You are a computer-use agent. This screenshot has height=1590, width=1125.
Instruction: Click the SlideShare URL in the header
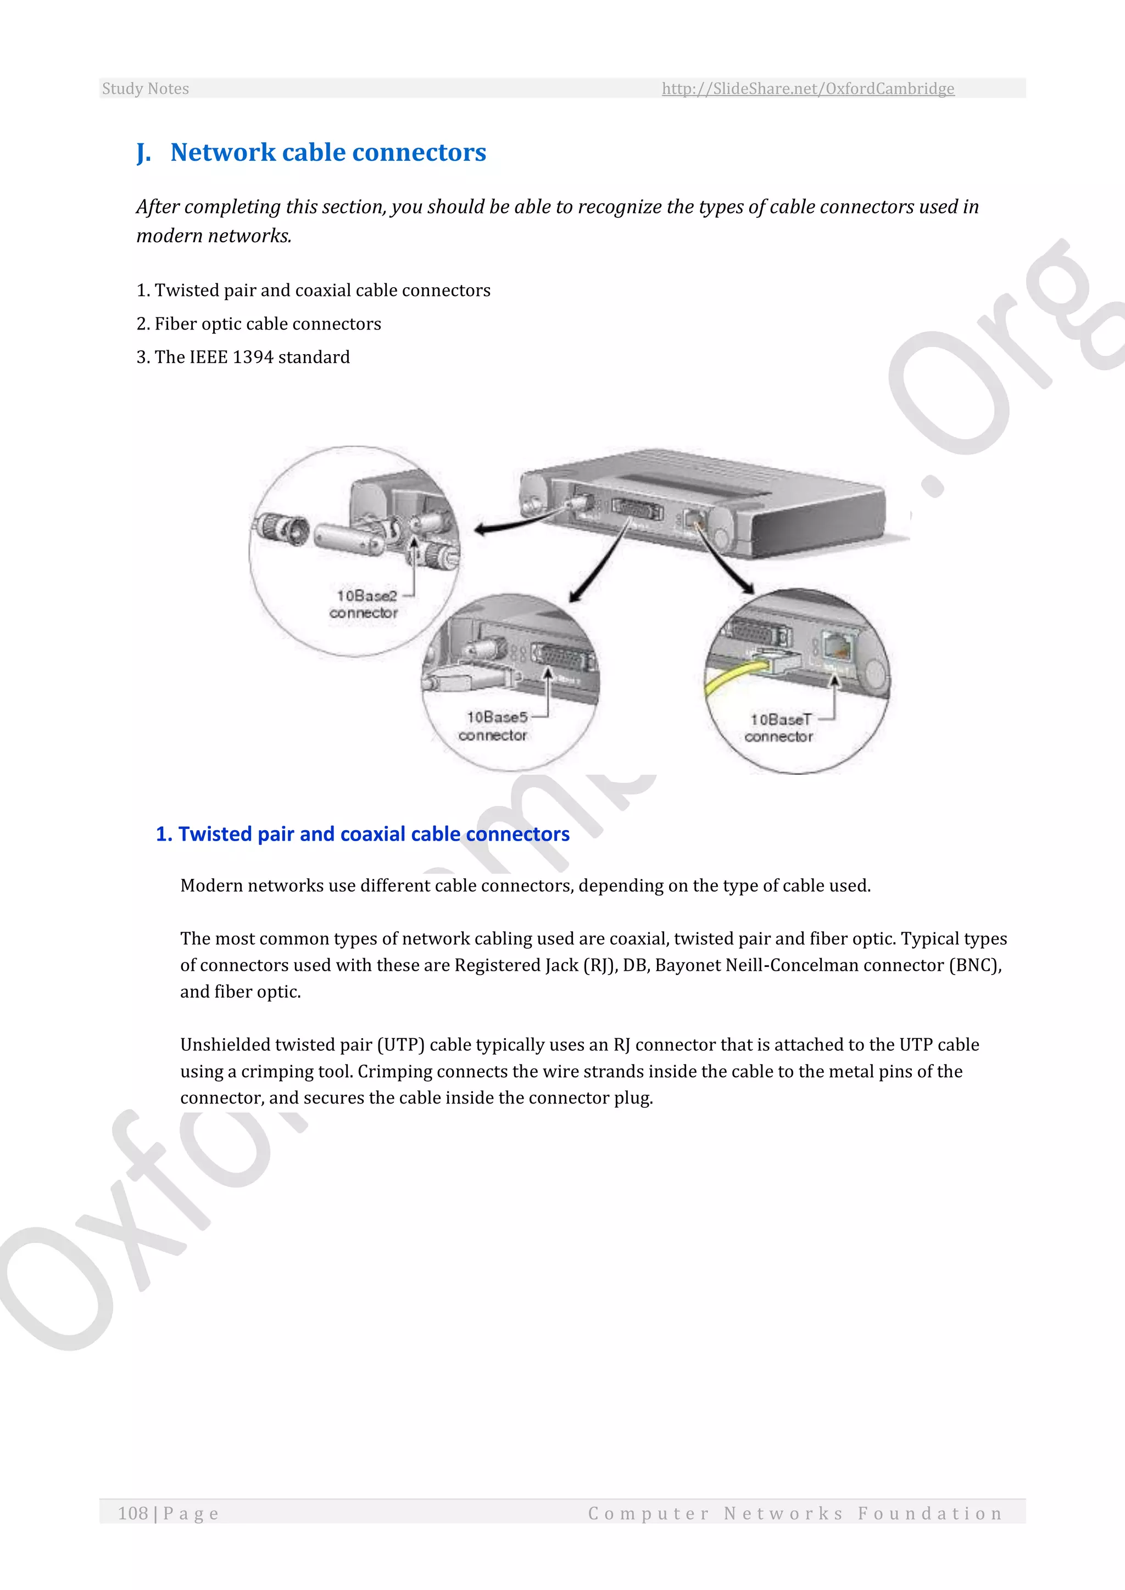coord(807,88)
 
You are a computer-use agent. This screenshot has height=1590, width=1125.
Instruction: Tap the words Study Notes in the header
coord(146,88)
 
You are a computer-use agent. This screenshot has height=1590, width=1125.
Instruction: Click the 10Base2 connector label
coord(365,604)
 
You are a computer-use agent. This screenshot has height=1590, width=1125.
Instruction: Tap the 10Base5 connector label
coord(494,726)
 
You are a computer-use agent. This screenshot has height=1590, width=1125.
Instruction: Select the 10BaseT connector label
coord(779,728)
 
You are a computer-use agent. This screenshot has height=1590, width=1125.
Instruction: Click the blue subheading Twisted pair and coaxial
coord(363,834)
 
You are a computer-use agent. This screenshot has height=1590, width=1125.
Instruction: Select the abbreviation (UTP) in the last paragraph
coord(400,1044)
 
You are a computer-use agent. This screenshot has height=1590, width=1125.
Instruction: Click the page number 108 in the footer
coord(133,1513)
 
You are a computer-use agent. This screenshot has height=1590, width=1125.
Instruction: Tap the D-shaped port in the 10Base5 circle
coord(565,657)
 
